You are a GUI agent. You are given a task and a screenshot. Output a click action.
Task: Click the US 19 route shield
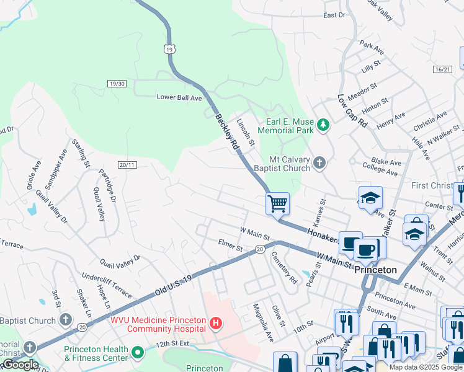170,48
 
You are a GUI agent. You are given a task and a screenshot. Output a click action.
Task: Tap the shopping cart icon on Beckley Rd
277,203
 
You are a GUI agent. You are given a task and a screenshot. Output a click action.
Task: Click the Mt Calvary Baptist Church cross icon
319,163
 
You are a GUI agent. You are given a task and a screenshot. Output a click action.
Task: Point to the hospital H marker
215,324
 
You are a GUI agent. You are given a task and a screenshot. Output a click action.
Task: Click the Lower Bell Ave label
179,98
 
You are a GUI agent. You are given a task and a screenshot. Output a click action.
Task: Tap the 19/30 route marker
117,84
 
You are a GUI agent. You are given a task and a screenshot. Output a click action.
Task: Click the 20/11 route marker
127,164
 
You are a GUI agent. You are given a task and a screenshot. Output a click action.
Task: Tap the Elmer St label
230,246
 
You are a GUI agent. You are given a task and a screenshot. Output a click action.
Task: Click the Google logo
20,365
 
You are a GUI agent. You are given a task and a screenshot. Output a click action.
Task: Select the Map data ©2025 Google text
425,367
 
